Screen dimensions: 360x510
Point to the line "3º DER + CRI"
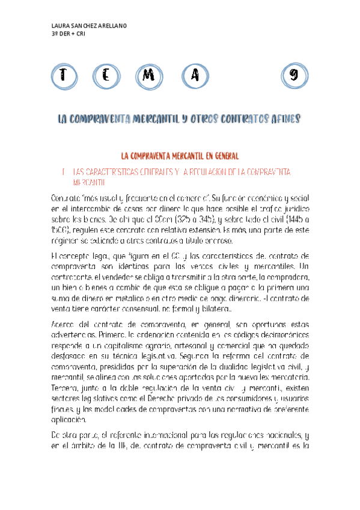[69, 34]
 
